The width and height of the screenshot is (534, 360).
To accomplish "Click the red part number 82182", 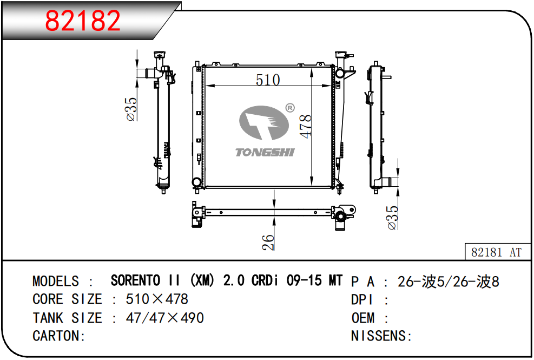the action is (83, 21).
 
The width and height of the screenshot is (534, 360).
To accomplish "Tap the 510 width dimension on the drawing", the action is (268, 80).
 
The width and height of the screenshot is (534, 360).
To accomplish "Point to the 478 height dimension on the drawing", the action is (306, 127).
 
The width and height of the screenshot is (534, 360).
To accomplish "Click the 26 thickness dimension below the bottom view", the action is (268, 242).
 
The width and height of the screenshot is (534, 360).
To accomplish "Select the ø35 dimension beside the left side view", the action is (131, 109).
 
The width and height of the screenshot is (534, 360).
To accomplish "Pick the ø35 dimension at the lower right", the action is (392, 218).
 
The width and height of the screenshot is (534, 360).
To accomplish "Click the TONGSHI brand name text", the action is (265, 152).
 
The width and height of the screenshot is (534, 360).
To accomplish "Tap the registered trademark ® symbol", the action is (289, 108).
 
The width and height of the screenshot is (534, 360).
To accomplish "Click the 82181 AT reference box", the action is (497, 252).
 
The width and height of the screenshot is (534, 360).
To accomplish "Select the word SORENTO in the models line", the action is (136, 280).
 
